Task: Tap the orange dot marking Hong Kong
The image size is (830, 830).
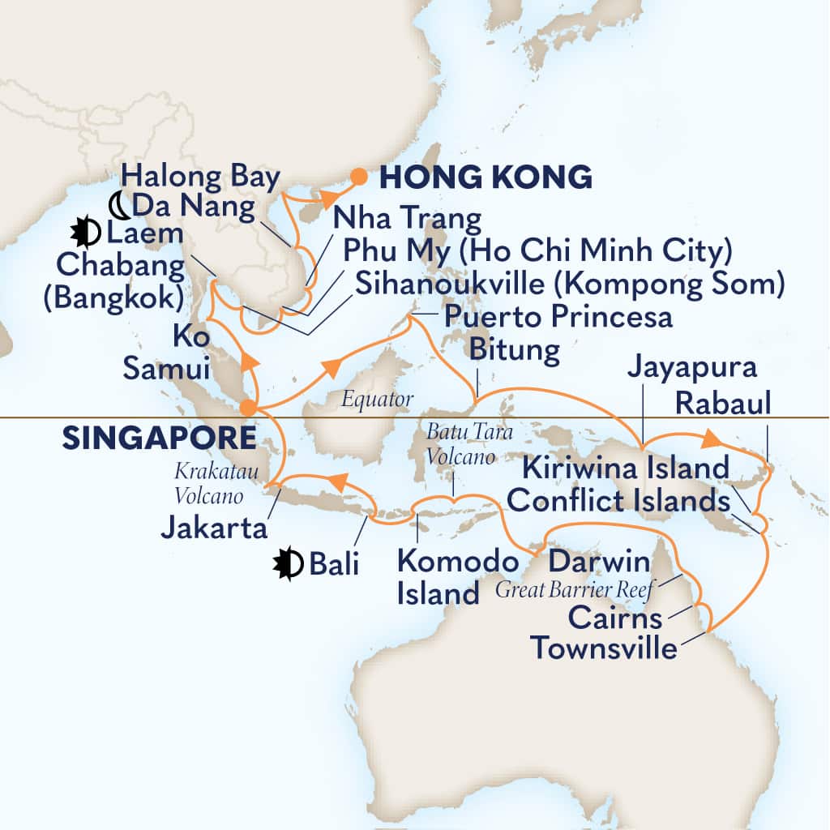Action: pyautogui.click(x=357, y=174)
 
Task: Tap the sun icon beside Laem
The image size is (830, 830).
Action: pyautogui.click(x=85, y=233)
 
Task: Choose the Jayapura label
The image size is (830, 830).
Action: pyautogui.click(x=691, y=368)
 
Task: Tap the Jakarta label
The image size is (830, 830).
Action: pyautogui.click(x=215, y=529)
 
